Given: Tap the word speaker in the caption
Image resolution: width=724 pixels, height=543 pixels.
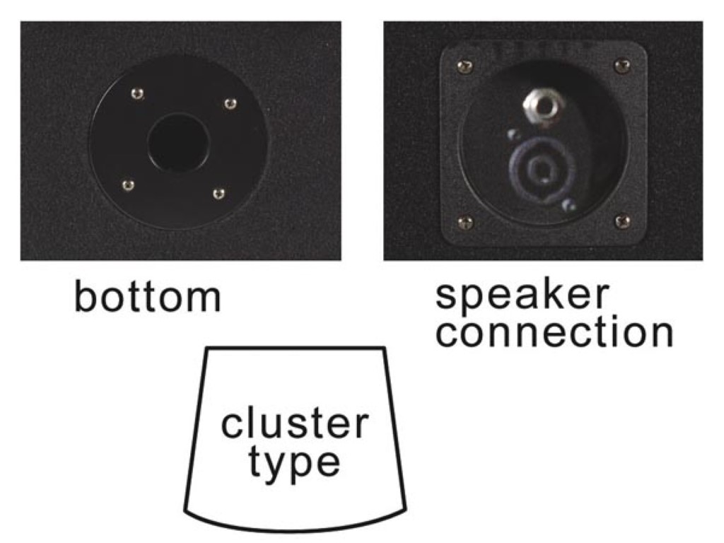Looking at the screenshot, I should click(522, 296).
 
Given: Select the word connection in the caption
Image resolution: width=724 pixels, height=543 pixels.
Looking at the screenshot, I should click(554, 332).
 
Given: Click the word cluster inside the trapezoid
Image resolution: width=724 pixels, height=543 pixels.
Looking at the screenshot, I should click(295, 424).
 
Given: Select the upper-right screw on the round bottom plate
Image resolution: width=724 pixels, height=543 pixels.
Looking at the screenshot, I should click(230, 104).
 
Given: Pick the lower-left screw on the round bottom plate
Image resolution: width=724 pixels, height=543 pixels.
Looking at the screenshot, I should click(127, 185).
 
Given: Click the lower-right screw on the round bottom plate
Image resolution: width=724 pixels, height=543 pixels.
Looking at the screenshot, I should click(218, 193).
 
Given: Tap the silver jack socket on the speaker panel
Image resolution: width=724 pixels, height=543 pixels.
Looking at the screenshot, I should click(539, 105).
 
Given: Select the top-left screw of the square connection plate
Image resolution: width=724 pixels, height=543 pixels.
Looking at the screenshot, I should click(462, 66).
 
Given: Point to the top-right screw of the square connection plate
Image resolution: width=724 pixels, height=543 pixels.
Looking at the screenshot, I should click(621, 66).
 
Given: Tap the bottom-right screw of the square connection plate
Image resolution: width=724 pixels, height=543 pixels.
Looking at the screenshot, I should click(622, 222).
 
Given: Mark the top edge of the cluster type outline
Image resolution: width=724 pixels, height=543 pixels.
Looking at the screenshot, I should click(295, 348).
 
